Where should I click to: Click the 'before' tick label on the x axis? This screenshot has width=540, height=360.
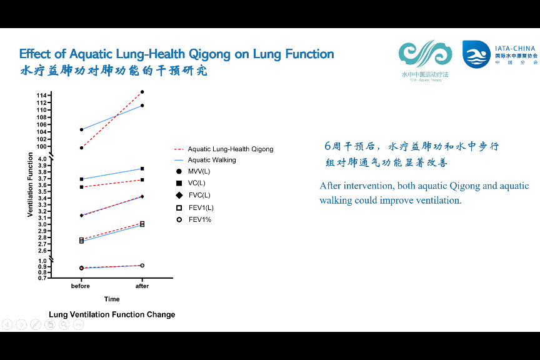(81, 286)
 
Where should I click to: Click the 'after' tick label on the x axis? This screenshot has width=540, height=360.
(142, 286)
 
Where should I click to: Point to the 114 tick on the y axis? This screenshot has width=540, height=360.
(42, 95)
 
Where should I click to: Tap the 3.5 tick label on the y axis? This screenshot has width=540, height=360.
(42, 192)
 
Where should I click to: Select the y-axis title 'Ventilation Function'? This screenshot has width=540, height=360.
(30, 185)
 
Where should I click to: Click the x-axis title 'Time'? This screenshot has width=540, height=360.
(112, 299)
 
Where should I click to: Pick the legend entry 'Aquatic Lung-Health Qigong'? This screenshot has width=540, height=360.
(230, 149)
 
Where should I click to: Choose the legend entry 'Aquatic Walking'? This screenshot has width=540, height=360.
(212, 160)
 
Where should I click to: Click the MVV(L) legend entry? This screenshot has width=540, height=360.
(199, 171)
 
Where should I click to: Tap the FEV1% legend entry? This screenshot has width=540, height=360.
(200, 219)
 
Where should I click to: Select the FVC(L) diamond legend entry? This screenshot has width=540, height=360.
(199, 195)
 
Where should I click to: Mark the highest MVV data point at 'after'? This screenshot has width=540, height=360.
(142, 92)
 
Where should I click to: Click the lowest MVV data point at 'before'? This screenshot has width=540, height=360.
(81, 147)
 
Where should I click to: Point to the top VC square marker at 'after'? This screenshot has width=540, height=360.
(142, 169)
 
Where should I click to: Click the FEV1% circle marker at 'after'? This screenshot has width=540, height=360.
(142, 266)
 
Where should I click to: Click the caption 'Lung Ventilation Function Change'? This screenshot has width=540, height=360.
(112, 314)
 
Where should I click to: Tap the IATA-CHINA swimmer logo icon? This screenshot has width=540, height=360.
(476, 54)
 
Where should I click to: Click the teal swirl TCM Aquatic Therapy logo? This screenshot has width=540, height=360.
(425, 55)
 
